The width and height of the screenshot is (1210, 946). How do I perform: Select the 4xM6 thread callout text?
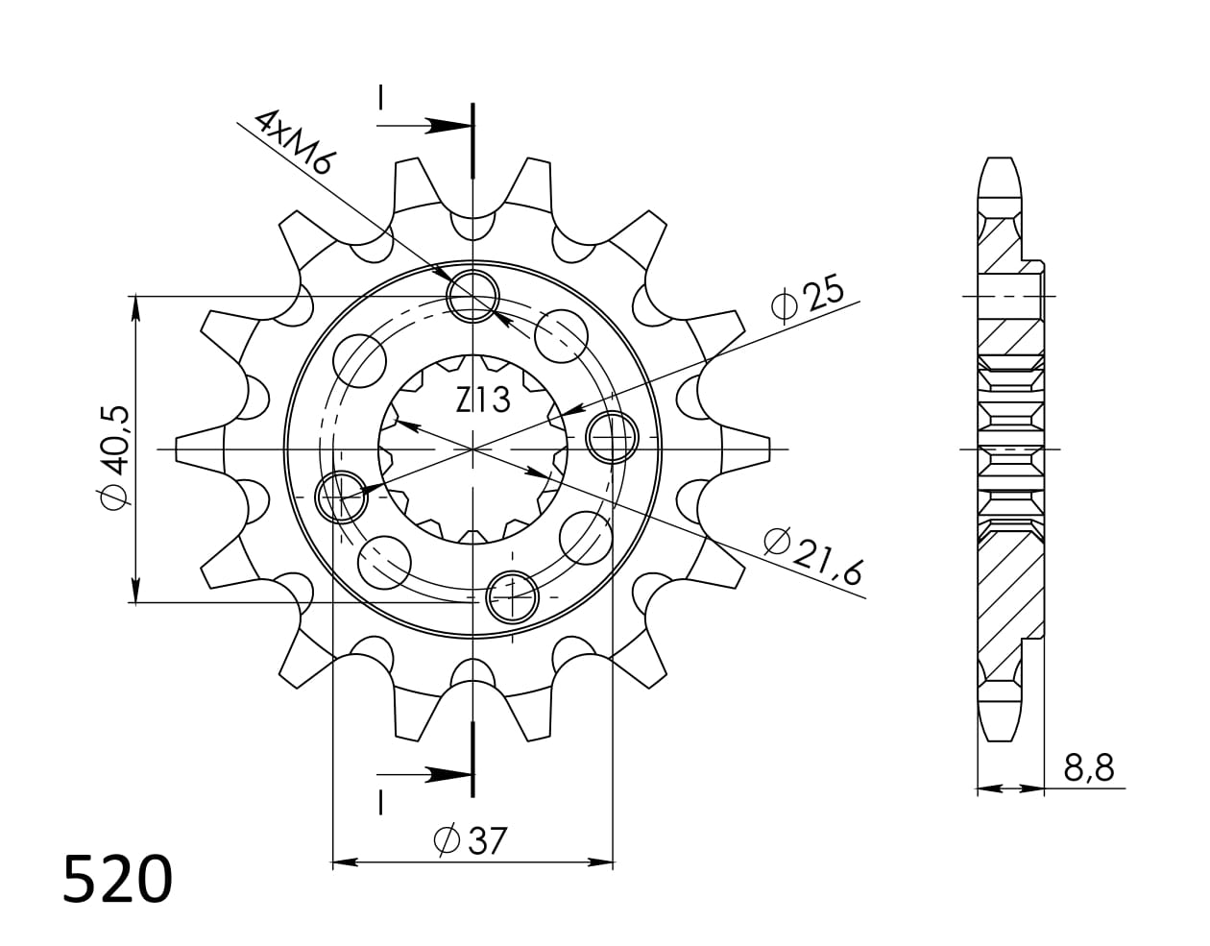point(292,140)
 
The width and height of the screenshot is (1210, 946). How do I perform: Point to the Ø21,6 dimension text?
point(814,556)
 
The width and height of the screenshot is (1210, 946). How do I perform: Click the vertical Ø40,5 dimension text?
point(115,457)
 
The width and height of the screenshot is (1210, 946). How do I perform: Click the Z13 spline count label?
point(483,400)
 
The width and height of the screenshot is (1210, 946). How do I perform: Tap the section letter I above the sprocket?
point(381,98)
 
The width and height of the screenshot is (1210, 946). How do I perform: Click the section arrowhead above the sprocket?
point(448,126)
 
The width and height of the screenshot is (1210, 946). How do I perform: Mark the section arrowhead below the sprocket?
point(448,774)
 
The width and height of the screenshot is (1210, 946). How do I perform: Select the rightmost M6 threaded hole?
point(612,438)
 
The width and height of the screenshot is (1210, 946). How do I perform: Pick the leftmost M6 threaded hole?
point(342,497)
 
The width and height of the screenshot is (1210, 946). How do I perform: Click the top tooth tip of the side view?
point(1000,163)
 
